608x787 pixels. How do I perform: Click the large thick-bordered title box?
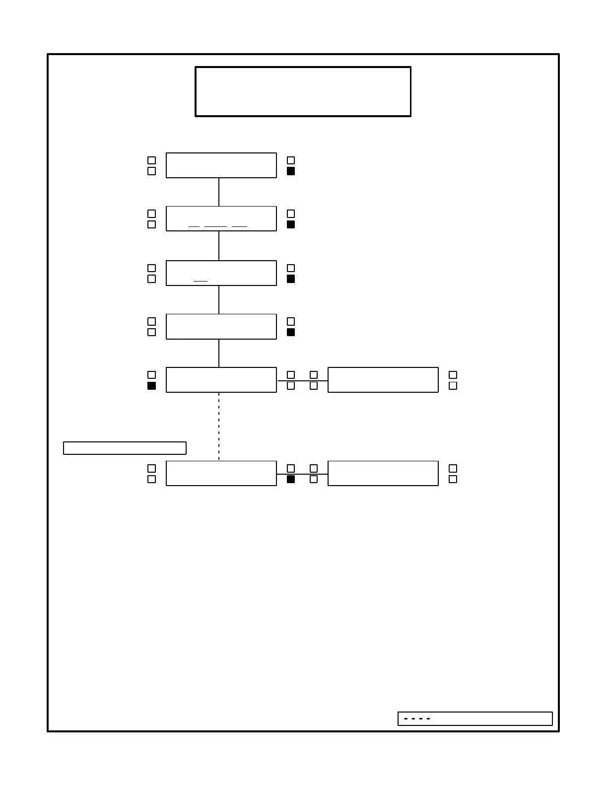[x=303, y=91]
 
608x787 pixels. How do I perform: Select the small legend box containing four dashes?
[x=475, y=718]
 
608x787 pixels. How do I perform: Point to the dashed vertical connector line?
[x=219, y=426]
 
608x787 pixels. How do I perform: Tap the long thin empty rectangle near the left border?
[x=125, y=448]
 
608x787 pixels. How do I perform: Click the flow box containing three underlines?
[x=221, y=218]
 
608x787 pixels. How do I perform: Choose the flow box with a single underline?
[x=221, y=273]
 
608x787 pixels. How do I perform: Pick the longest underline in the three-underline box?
[x=215, y=226]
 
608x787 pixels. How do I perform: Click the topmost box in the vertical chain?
[x=221, y=165]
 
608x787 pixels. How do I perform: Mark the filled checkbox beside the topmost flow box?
[x=291, y=171]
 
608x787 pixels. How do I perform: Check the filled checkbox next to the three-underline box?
[x=291, y=224]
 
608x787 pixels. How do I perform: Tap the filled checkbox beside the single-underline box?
[x=291, y=279]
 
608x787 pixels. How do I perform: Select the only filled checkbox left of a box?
[x=152, y=386]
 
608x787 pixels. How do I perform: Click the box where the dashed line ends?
[x=221, y=473]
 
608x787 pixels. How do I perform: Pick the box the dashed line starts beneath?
[x=221, y=380]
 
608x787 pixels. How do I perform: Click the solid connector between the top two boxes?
[x=219, y=192]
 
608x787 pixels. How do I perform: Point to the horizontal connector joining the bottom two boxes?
[x=302, y=474]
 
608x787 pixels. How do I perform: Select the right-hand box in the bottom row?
[x=383, y=473]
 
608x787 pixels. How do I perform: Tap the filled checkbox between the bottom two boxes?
[x=291, y=479]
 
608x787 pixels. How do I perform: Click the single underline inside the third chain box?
[x=201, y=281]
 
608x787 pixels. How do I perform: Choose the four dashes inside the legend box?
[x=417, y=718]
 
